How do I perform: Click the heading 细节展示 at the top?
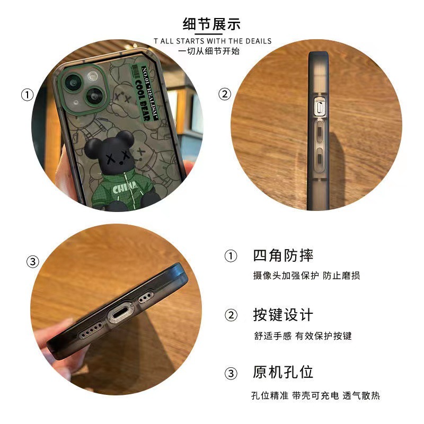tap(211, 24)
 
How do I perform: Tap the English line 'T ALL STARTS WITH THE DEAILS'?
tap(212, 41)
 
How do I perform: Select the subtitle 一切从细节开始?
tap(211, 51)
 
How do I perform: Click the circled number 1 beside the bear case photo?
tap(27, 95)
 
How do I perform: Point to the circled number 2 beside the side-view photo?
tap(225, 94)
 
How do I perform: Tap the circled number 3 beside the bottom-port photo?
tap(33, 262)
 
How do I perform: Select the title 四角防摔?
tap(283, 255)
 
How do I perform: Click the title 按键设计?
tap(283, 315)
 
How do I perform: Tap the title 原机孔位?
tap(283, 372)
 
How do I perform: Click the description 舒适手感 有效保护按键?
tap(302, 336)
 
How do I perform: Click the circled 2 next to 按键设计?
tap(231, 315)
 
